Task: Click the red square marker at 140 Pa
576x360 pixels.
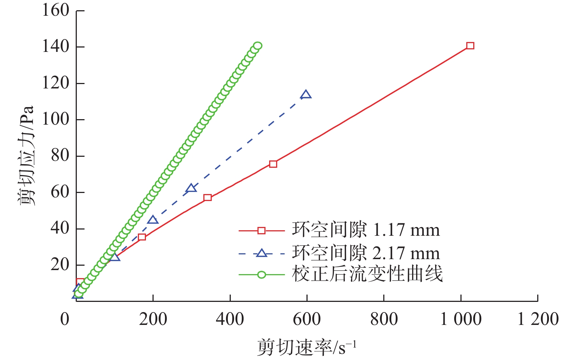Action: click(470, 46)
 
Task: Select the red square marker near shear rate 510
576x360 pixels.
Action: click(273, 164)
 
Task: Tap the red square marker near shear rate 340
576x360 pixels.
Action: click(207, 197)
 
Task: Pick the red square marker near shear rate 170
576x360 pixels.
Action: click(142, 237)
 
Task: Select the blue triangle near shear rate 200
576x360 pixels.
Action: click(153, 220)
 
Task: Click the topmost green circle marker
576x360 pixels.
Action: click(257, 46)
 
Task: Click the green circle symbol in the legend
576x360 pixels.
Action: click(261, 274)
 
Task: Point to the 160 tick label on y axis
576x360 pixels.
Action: click(56, 10)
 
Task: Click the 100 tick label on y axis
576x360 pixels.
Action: click(56, 119)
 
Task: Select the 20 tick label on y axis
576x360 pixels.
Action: click(60, 264)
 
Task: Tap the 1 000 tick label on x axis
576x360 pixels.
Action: click(460, 319)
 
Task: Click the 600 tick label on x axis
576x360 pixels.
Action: click(306, 319)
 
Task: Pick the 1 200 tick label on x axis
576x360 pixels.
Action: click(538, 319)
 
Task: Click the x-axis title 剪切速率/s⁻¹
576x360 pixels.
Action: click(306, 347)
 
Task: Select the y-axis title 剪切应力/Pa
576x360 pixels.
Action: click(26, 155)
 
